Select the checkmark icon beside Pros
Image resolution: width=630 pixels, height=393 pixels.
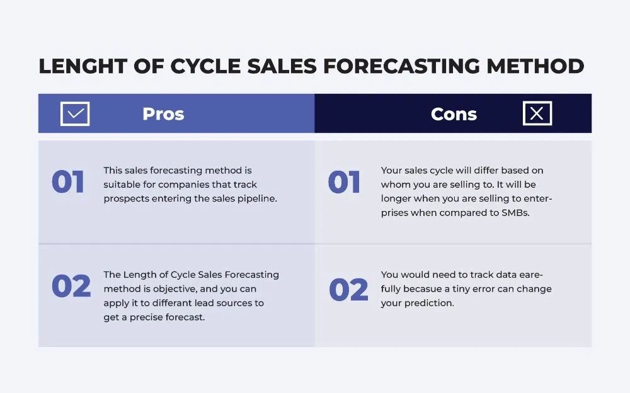75,114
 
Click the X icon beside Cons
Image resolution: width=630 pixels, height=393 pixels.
537,113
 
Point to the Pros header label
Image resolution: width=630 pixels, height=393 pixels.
163,114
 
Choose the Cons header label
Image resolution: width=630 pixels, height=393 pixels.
454,114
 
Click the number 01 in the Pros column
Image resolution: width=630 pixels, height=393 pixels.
68,183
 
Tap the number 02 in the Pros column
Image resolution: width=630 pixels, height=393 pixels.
71,287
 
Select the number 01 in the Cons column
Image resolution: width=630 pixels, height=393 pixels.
345,183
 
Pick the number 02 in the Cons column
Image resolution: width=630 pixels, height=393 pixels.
348,290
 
